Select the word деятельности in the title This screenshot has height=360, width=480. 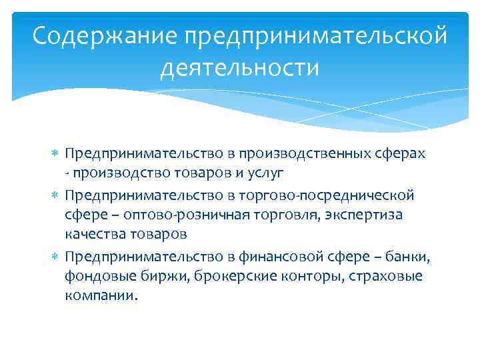[239, 67]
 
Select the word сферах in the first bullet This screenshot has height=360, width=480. [401, 153]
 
